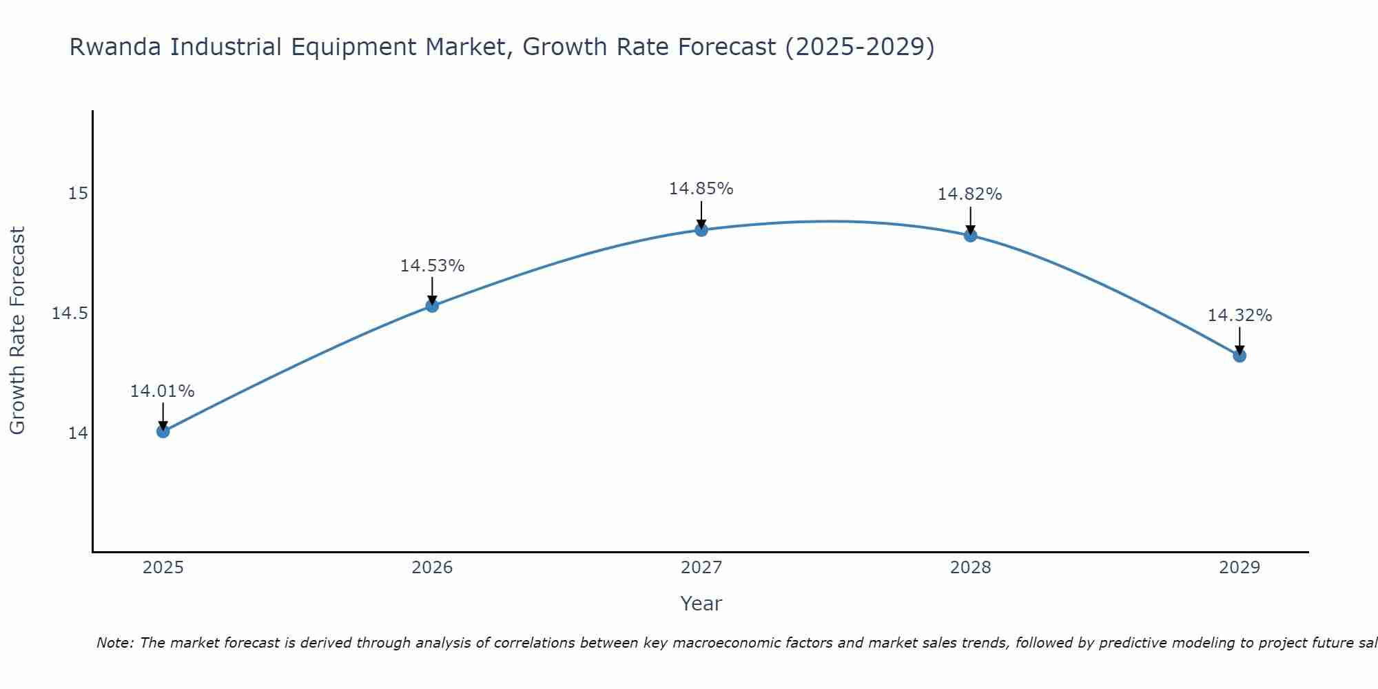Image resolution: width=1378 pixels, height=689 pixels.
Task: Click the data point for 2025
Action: pyautogui.click(x=163, y=431)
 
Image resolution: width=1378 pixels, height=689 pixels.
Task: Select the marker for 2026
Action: pyautogui.click(x=432, y=306)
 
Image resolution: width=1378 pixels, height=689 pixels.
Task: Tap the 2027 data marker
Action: pyautogui.click(x=701, y=230)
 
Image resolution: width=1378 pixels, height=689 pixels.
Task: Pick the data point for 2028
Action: pyautogui.click(x=970, y=236)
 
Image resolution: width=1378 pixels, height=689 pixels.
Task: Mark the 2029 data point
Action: pyautogui.click(x=1240, y=356)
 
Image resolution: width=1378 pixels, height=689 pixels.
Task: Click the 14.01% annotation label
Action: pyautogui.click(x=163, y=391)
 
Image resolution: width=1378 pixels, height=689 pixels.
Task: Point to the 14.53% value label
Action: pyautogui.click(x=432, y=266)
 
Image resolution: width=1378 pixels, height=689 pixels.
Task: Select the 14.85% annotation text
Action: pyautogui.click(x=701, y=189)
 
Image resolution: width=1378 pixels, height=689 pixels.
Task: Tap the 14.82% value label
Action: pyautogui.click(x=970, y=194)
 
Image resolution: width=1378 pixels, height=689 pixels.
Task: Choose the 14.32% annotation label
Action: pyautogui.click(x=1240, y=316)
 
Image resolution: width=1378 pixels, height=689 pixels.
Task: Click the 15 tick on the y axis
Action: pyautogui.click(x=78, y=194)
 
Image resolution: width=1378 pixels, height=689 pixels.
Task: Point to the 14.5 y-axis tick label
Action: pyautogui.click(x=70, y=313)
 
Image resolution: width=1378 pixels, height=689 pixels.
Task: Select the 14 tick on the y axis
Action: pyautogui.click(x=78, y=433)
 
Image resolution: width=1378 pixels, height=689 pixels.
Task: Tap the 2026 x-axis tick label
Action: pyautogui.click(x=432, y=568)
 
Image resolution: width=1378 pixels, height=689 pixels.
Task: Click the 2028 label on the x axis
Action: pyautogui.click(x=970, y=568)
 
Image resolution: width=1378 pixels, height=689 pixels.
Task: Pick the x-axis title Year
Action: pyautogui.click(x=701, y=604)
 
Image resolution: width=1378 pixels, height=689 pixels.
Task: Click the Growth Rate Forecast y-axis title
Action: pyautogui.click(x=17, y=331)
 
